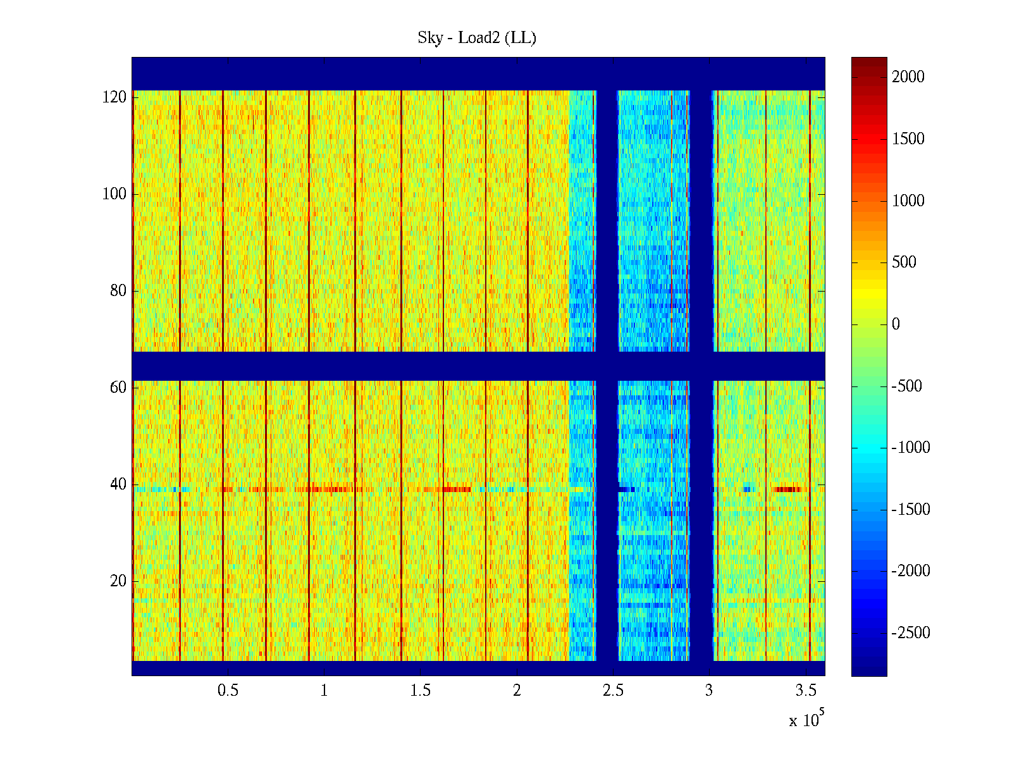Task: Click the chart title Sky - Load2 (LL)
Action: click(477, 38)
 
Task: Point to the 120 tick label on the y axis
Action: click(114, 97)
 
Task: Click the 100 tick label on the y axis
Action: click(114, 194)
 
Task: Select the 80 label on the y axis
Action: click(118, 291)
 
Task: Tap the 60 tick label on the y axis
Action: click(118, 388)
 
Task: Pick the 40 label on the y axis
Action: click(118, 484)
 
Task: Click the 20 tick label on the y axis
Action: click(118, 581)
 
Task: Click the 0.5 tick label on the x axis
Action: click(228, 691)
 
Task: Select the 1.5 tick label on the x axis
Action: click(421, 691)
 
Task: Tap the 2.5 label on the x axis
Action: click(613, 691)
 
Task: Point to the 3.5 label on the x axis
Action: click(806, 691)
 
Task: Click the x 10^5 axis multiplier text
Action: click(806, 720)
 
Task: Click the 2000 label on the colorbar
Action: click(908, 77)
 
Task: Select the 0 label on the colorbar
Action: click(896, 324)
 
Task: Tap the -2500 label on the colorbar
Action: click(911, 633)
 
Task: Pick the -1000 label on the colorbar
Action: click(911, 448)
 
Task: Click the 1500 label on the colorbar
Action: click(908, 139)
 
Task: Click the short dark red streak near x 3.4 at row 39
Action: click(787, 490)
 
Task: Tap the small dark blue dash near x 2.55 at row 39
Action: click(626, 490)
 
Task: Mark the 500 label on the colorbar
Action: click(904, 262)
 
